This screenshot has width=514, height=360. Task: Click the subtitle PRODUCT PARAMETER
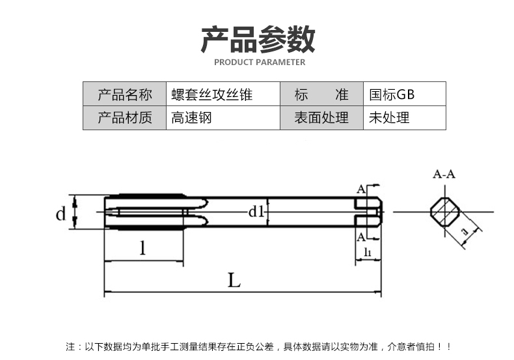259,63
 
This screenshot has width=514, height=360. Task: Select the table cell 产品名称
124,94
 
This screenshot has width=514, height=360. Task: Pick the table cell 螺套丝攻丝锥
211,94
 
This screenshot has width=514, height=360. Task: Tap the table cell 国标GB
392,94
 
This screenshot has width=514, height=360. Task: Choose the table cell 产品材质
124,118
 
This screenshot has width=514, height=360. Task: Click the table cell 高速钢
191,118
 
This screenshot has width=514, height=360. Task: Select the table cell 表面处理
321,118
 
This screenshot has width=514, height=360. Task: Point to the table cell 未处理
389,118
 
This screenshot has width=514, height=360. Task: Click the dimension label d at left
61,213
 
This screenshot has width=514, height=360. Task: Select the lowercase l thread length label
142,247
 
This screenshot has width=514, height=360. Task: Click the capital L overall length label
234,281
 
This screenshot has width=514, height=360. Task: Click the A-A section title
444,174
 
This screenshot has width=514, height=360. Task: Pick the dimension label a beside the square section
464,231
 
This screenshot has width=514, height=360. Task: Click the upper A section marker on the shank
360,189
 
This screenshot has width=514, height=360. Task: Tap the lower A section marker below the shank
360,236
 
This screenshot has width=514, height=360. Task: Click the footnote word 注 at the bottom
70,347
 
